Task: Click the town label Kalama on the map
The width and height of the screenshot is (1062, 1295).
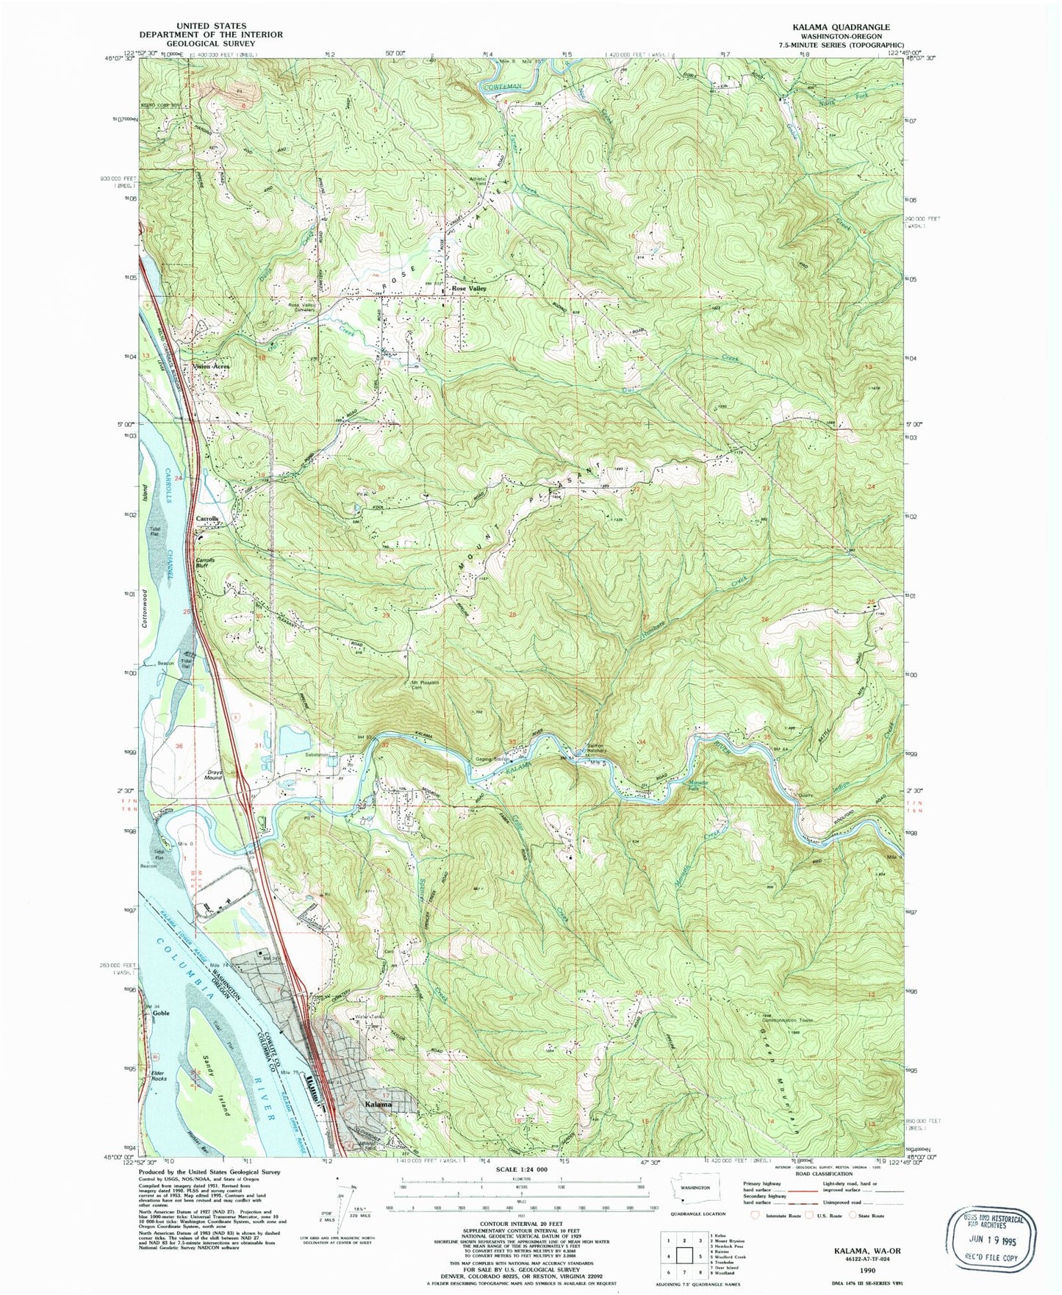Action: [375, 1105]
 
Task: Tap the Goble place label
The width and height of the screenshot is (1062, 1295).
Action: [161, 1013]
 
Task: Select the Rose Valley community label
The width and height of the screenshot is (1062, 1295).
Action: [469, 289]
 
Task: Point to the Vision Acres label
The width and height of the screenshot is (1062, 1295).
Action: [211, 366]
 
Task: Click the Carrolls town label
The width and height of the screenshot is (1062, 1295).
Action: [207, 519]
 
